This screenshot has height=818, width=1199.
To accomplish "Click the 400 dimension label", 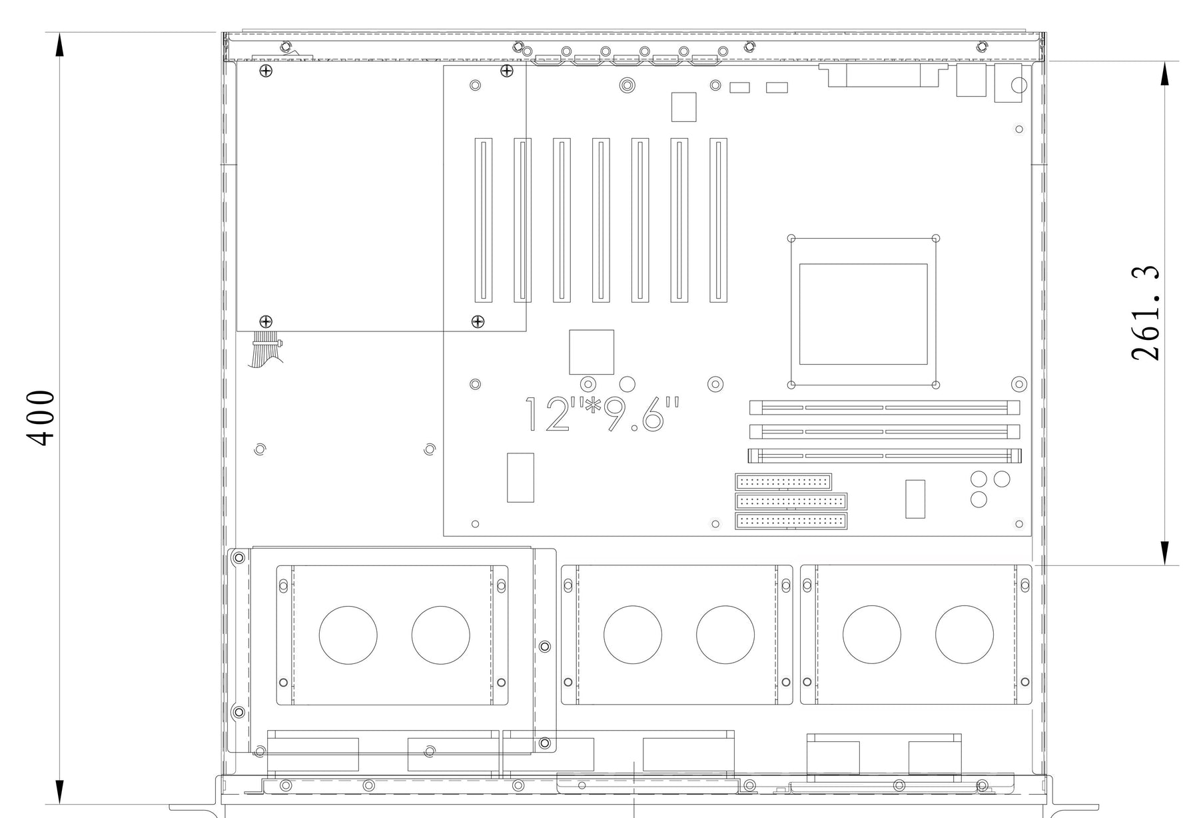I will tap(41, 418).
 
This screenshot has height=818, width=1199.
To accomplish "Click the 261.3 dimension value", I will tap(1145, 313).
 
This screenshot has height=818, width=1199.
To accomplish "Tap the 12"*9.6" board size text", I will tap(603, 415).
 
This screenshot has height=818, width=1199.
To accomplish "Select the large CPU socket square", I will tap(863, 313).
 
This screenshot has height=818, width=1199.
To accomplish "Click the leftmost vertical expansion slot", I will tap(484, 220).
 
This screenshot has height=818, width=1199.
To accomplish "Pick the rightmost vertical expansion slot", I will tap(718, 220).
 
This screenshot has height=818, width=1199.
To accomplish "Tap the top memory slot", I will tap(885, 407).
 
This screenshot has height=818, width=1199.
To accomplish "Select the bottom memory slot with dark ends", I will tap(885, 457).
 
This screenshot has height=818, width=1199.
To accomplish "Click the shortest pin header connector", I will tap(783, 481).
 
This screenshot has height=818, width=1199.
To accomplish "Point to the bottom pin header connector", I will tap(791, 521).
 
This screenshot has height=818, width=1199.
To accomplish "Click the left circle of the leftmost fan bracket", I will tap(348, 635).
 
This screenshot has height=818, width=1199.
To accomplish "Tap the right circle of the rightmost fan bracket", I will tap(964, 635).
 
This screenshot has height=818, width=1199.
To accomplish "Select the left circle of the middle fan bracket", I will tap(633, 635).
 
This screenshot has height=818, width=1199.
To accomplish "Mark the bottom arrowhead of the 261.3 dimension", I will tap(1164, 552).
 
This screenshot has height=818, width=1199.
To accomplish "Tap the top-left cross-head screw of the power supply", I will tap(266, 71).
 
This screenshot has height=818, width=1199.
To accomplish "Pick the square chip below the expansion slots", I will tap(592, 352).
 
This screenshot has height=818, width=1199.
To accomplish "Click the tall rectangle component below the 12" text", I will tap(520, 477).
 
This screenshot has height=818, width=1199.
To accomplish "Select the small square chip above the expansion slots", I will tap(683, 107).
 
